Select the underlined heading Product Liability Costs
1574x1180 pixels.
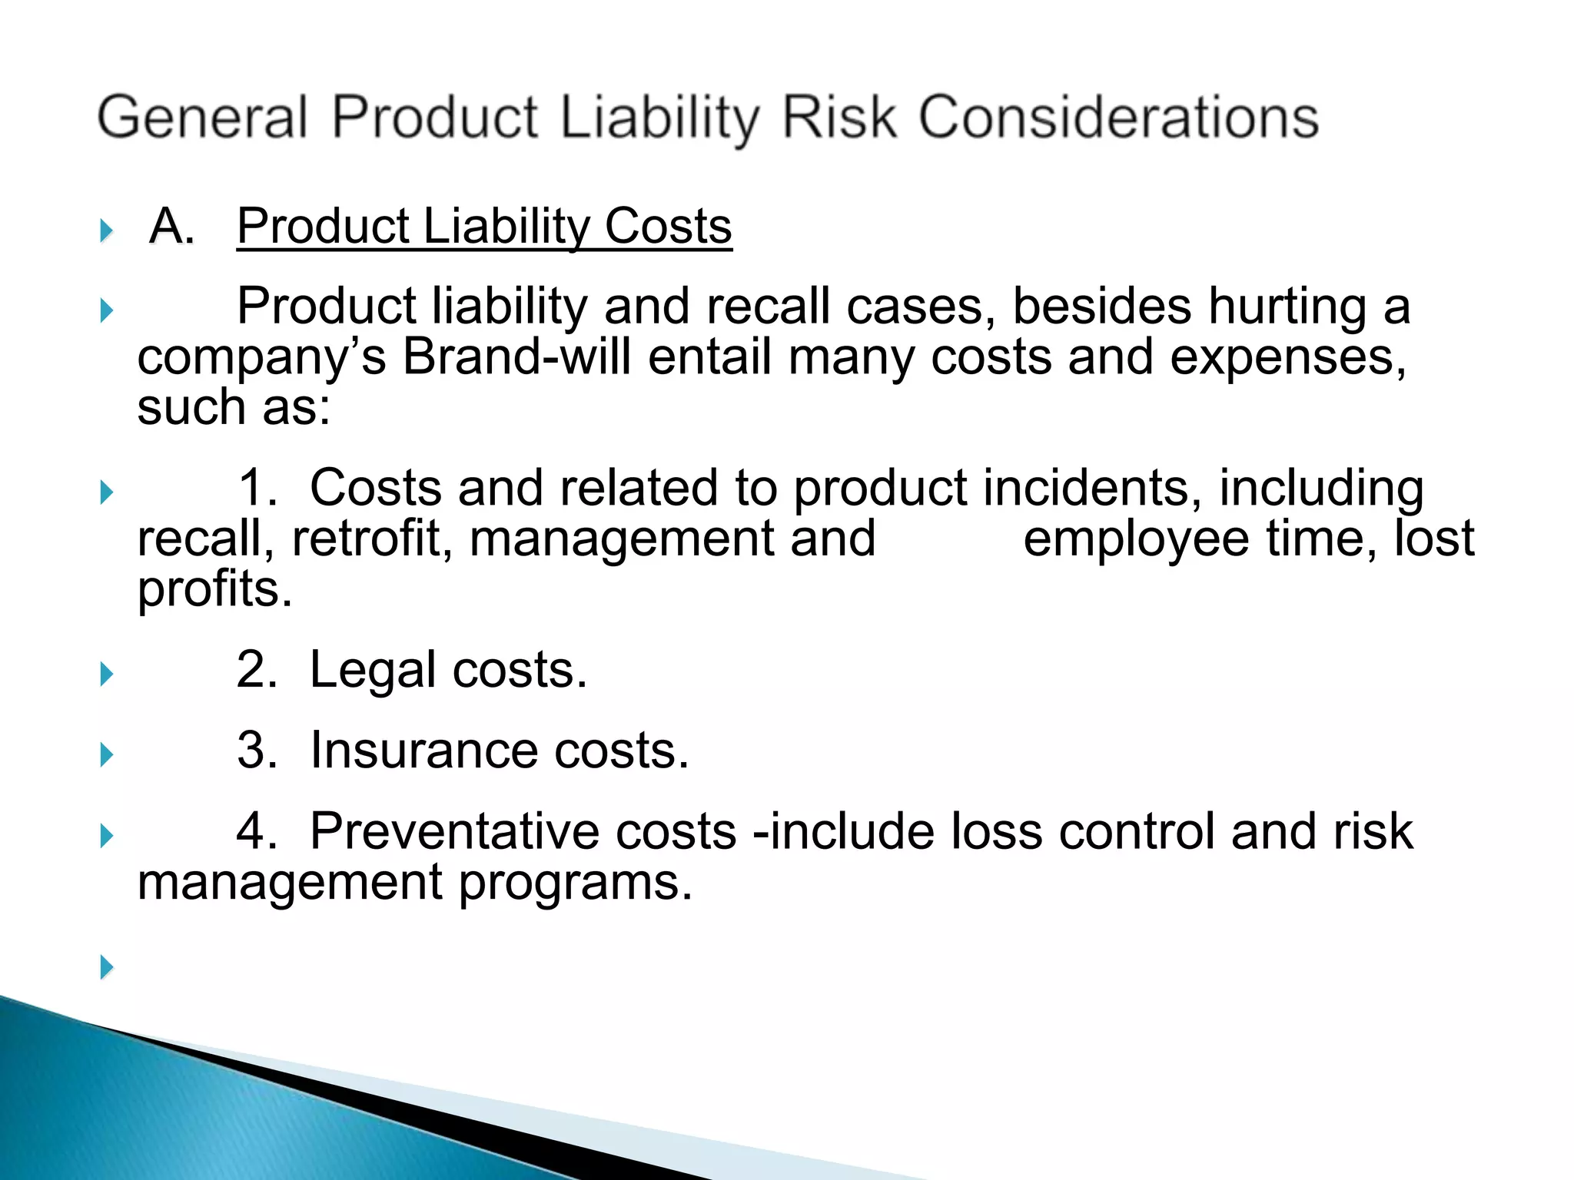(484, 227)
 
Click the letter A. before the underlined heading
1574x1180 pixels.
(171, 227)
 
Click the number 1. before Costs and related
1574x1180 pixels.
(257, 489)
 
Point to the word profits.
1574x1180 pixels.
(214, 590)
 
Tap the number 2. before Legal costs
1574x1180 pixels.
(257, 670)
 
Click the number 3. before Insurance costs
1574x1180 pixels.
(257, 751)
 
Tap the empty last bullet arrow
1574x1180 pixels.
(107, 966)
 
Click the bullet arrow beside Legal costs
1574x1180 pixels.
(107, 675)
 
